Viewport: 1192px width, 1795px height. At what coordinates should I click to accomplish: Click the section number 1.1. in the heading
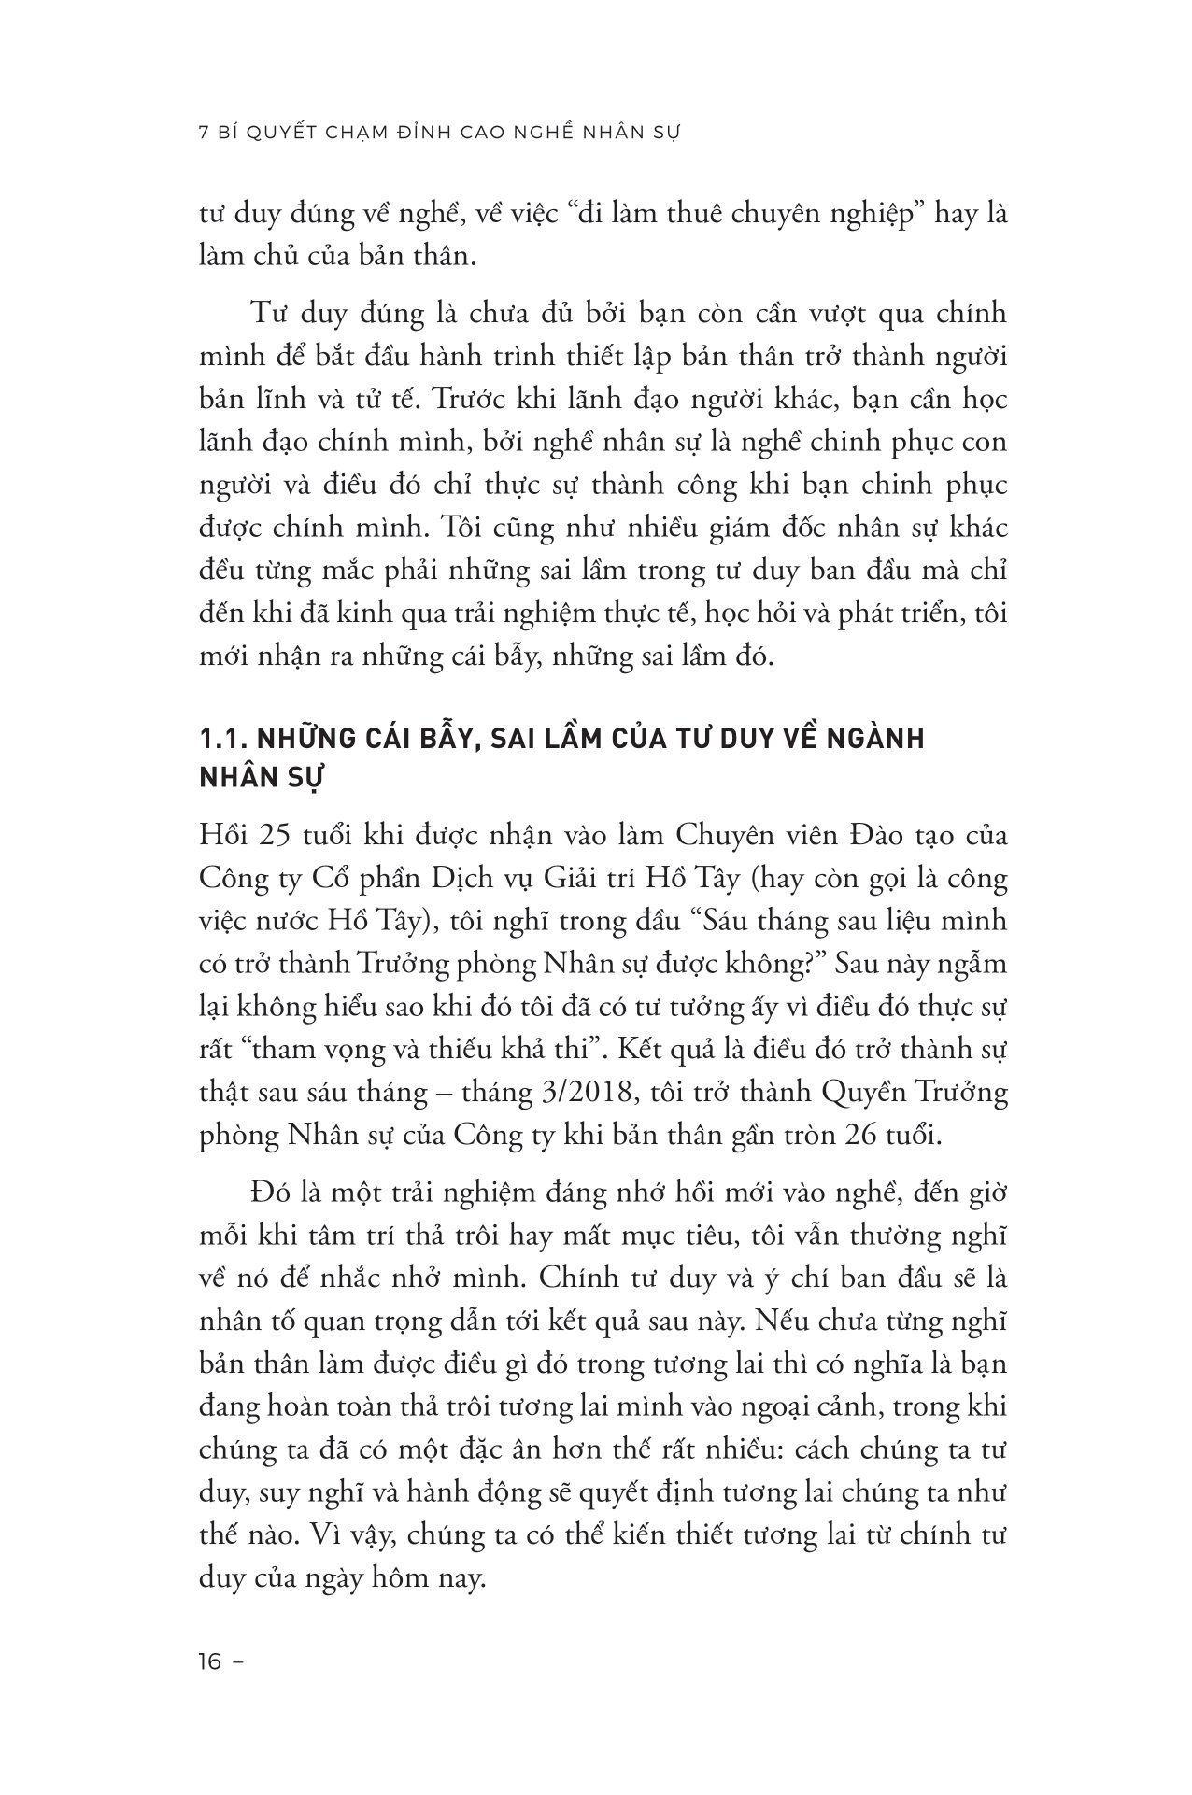pyautogui.click(x=222, y=739)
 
